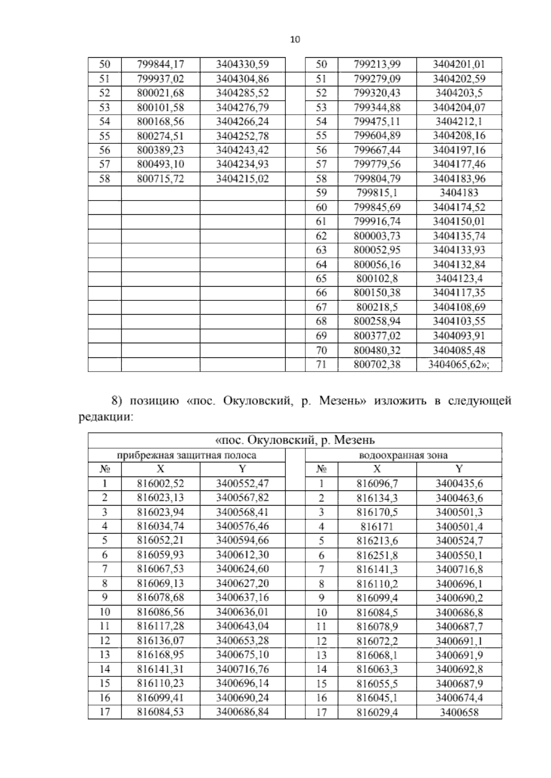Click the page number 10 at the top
click(x=295, y=39)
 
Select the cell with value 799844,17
click(x=160, y=65)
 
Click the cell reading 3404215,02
click(x=242, y=179)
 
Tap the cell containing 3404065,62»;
click(x=458, y=365)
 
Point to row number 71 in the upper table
click(x=321, y=365)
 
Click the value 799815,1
click(x=377, y=193)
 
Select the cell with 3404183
click(x=459, y=193)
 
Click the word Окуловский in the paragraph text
click(x=258, y=401)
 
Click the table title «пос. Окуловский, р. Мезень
click(x=295, y=441)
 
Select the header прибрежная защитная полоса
click(x=186, y=456)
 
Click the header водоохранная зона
click(x=403, y=456)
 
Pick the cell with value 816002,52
click(x=160, y=483)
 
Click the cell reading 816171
click(x=377, y=527)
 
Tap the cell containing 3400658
click(x=459, y=712)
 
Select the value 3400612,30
click(x=242, y=555)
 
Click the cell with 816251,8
click(x=377, y=556)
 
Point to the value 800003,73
click(x=377, y=236)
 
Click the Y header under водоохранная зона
click(x=459, y=469)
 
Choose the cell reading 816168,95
click(x=160, y=655)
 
